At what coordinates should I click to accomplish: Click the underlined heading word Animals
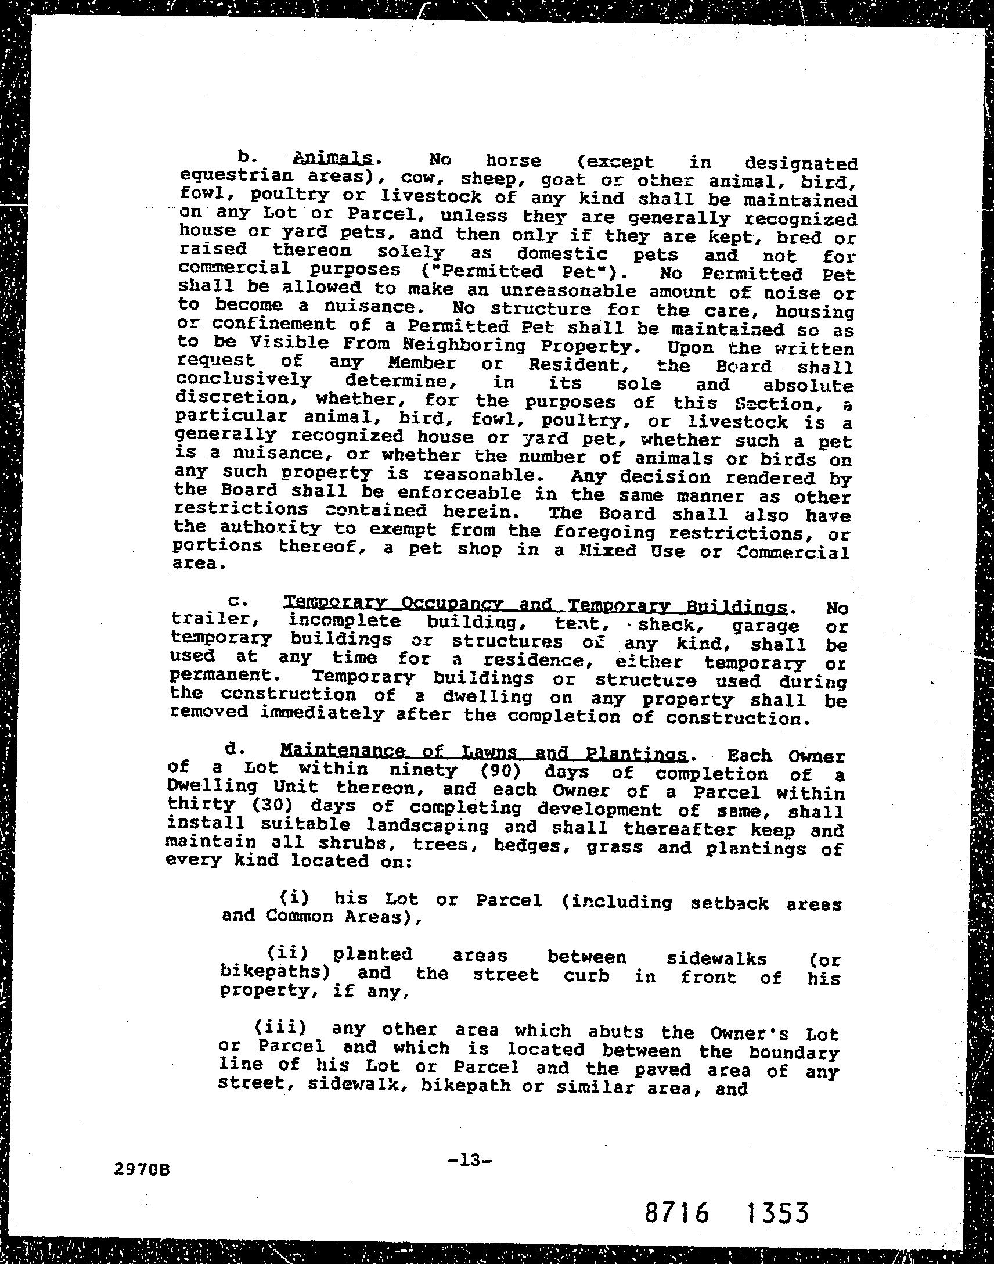(333, 158)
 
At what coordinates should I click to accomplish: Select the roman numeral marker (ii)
(287, 953)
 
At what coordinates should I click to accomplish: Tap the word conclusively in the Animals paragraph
(244, 380)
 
